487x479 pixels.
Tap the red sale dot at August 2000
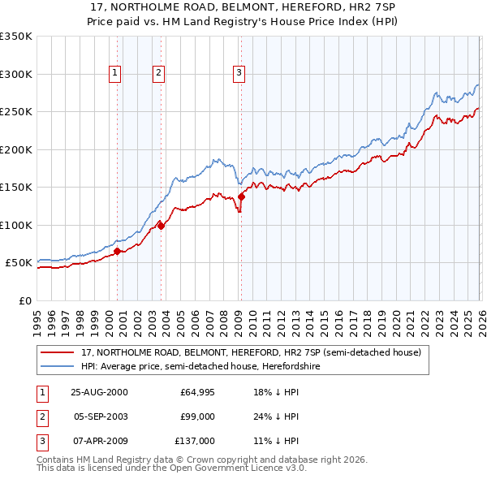pos(118,252)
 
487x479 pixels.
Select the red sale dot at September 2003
pos(161,226)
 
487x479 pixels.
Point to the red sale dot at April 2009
pos(241,196)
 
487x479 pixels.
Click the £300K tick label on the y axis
pos(16,74)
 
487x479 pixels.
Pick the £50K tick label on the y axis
pos(19,263)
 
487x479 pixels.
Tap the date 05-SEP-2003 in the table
pos(101,416)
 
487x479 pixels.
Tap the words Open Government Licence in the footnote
pos(231,468)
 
